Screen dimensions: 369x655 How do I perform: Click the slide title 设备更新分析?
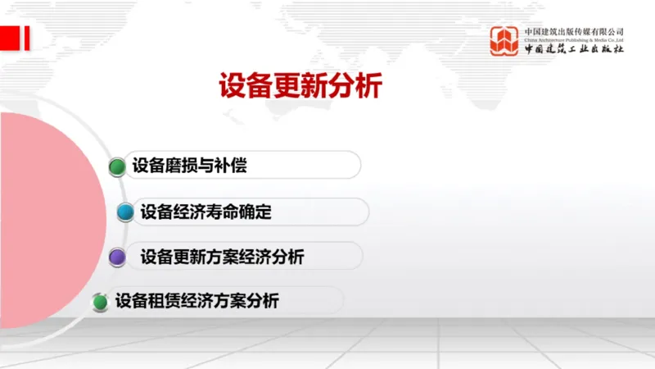pos(300,85)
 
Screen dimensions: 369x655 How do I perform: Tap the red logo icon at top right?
pos(505,41)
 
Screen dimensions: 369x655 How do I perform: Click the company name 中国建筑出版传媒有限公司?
pos(574,31)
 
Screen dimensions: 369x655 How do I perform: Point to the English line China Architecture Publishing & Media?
pos(574,39)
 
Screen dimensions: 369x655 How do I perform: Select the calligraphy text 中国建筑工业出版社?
pos(574,49)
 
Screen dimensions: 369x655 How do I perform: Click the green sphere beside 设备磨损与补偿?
pos(117,167)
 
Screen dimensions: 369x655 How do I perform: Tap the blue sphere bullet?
pos(125,213)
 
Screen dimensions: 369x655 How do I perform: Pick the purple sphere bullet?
pos(117,257)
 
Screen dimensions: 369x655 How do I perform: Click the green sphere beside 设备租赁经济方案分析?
pos(100,302)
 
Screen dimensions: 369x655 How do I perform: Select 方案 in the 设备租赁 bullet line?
pos(230,301)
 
